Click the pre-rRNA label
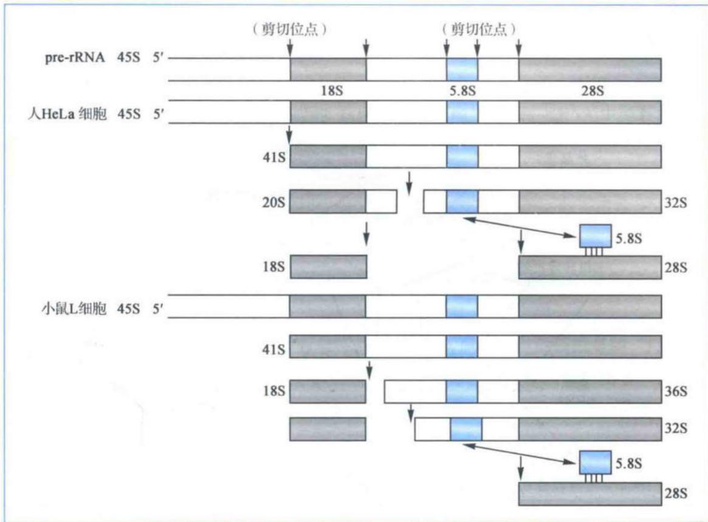tap(75, 58)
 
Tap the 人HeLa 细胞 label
tap(67, 114)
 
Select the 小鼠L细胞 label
tap(74, 309)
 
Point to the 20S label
tap(273, 202)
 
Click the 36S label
tap(676, 391)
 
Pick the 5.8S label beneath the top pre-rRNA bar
tap(462, 91)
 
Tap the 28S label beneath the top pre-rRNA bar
tap(593, 91)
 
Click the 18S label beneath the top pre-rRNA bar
tap(332, 91)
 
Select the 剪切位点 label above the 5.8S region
tap(479, 30)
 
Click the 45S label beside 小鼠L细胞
tap(129, 309)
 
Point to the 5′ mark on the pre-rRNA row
tap(157, 58)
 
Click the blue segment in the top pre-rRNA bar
tap(462, 69)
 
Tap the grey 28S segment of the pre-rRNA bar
tap(589, 69)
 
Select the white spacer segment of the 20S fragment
tap(382, 201)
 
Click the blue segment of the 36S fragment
tap(461, 391)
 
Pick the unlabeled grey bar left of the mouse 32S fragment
tap(328, 429)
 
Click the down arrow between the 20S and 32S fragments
tap(409, 184)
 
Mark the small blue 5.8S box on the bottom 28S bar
tap(596, 462)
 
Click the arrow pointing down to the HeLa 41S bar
tap(289, 134)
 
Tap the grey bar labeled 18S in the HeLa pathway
tap(329, 267)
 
